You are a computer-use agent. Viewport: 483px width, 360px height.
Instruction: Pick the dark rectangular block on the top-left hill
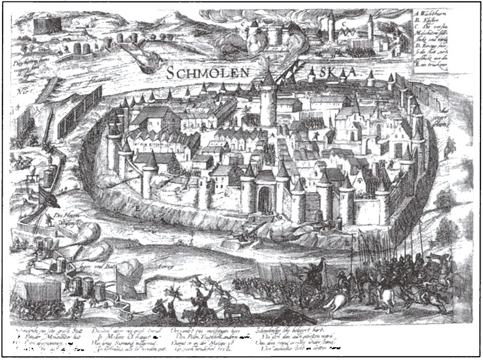(x=45, y=25)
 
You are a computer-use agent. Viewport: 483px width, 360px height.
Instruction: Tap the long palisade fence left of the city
(x=79, y=111)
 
